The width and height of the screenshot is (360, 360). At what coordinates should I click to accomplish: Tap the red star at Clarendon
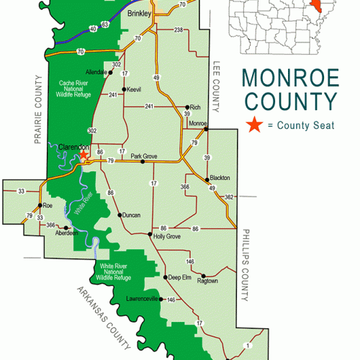[x=84, y=154]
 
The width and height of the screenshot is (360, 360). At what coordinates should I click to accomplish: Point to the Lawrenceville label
[x=141, y=298]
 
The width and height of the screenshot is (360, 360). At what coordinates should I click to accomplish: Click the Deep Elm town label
[x=179, y=276]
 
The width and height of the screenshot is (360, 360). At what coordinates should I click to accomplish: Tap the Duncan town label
[x=131, y=215]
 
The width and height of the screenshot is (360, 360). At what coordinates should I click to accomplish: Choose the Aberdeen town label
[x=57, y=235]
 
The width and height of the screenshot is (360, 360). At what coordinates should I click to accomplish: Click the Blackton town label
[x=220, y=179]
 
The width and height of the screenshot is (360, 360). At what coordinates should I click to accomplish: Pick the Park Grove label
[x=144, y=155]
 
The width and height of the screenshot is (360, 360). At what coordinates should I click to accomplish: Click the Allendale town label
[x=96, y=73]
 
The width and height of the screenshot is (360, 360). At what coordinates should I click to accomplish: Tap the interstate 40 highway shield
[x=94, y=28]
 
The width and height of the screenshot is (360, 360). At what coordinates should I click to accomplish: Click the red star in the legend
[x=253, y=125]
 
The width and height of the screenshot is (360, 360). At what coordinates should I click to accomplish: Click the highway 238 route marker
[x=178, y=30]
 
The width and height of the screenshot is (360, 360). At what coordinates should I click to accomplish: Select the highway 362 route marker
[x=229, y=197]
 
